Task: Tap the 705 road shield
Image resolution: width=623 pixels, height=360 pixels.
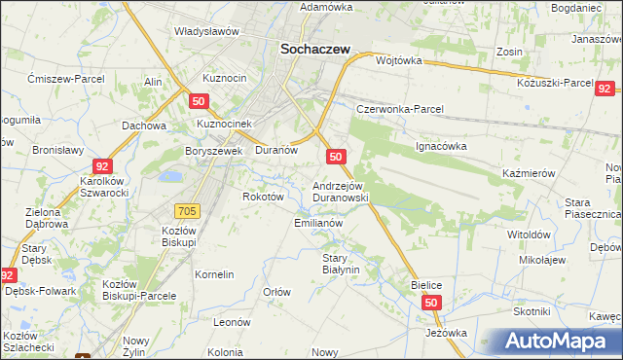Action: click(x=189, y=210)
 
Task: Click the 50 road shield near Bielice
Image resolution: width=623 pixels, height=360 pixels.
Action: click(x=432, y=304)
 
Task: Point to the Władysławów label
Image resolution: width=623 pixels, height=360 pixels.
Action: click(x=206, y=31)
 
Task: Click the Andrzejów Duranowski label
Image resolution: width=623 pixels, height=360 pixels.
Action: click(x=340, y=191)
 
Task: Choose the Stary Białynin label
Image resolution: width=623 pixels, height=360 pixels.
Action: click(x=342, y=264)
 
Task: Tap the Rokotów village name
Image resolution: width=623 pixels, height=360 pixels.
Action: click(x=262, y=196)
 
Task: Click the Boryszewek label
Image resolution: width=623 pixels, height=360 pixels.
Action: click(x=213, y=151)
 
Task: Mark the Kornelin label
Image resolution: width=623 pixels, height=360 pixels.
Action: click(x=214, y=274)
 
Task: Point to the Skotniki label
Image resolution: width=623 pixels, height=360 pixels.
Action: click(x=532, y=310)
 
